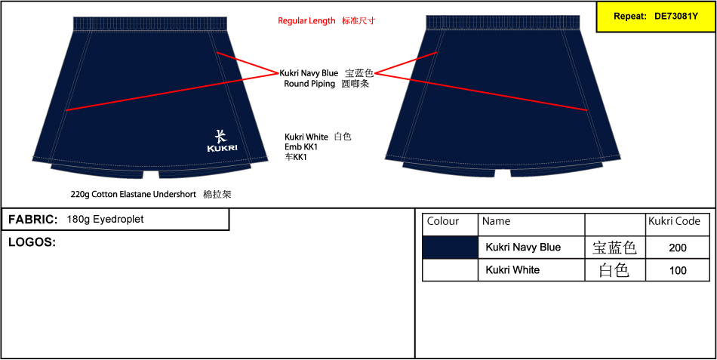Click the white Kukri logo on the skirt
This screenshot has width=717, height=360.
coord(222,141)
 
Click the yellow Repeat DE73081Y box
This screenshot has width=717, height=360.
coord(656,17)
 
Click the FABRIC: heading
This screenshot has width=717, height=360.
coord(33,220)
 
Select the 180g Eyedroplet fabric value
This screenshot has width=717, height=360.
coord(105,220)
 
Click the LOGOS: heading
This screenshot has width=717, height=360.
coord(32,242)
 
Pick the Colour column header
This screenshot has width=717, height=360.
coord(442,221)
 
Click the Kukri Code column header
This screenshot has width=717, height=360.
coord(674,221)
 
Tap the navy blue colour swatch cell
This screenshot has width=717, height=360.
coord(450,248)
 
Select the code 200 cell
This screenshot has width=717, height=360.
coord(678,248)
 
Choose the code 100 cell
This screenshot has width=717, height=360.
coord(678,270)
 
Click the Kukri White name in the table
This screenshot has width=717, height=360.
coord(512,270)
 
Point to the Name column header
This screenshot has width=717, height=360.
coord(496,221)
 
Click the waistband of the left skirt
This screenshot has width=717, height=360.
coord(150,24)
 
